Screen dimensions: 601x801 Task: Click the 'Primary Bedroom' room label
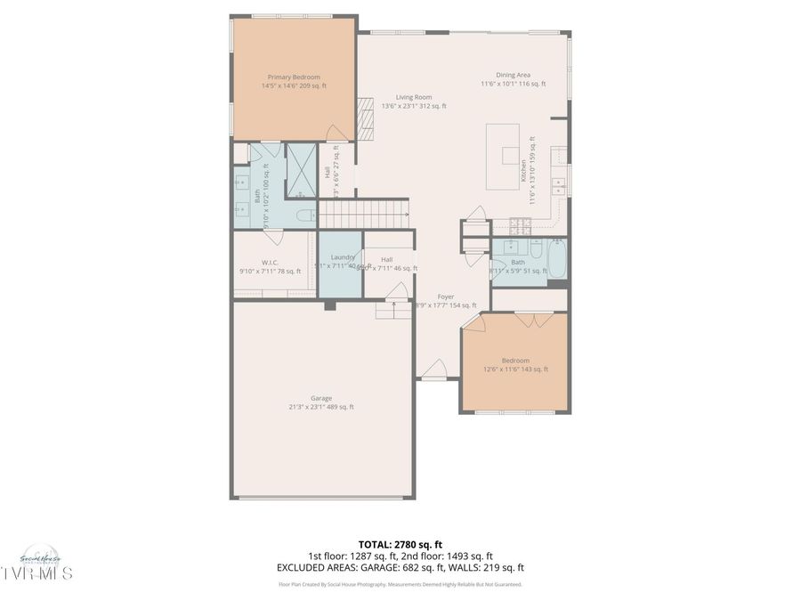pyautogui.click(x=294, y=77)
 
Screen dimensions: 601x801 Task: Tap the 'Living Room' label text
pyautogui.click(x=413, y=97)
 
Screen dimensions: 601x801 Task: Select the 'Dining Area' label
pyautogui.click(x=513, y=75)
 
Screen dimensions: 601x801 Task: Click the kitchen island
pyautogui.click(x=503, y=156)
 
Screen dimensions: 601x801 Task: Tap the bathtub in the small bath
pyautogui.click(x=558, y=259)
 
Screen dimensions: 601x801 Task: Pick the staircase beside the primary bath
pyautogui.click(x=363, y=215)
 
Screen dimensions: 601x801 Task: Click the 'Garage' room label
pyautogui.click(x=320, y=398)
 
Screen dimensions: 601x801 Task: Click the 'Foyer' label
pyautogui.click(x=446, y=296)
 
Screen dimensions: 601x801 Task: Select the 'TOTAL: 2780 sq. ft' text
pyautogui.click(x=400, y=544)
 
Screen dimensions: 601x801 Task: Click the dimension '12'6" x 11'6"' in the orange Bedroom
pyautogui.click(x=515, y=370)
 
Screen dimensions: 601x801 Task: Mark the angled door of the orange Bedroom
pyautogui.click(x=472, y=322)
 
